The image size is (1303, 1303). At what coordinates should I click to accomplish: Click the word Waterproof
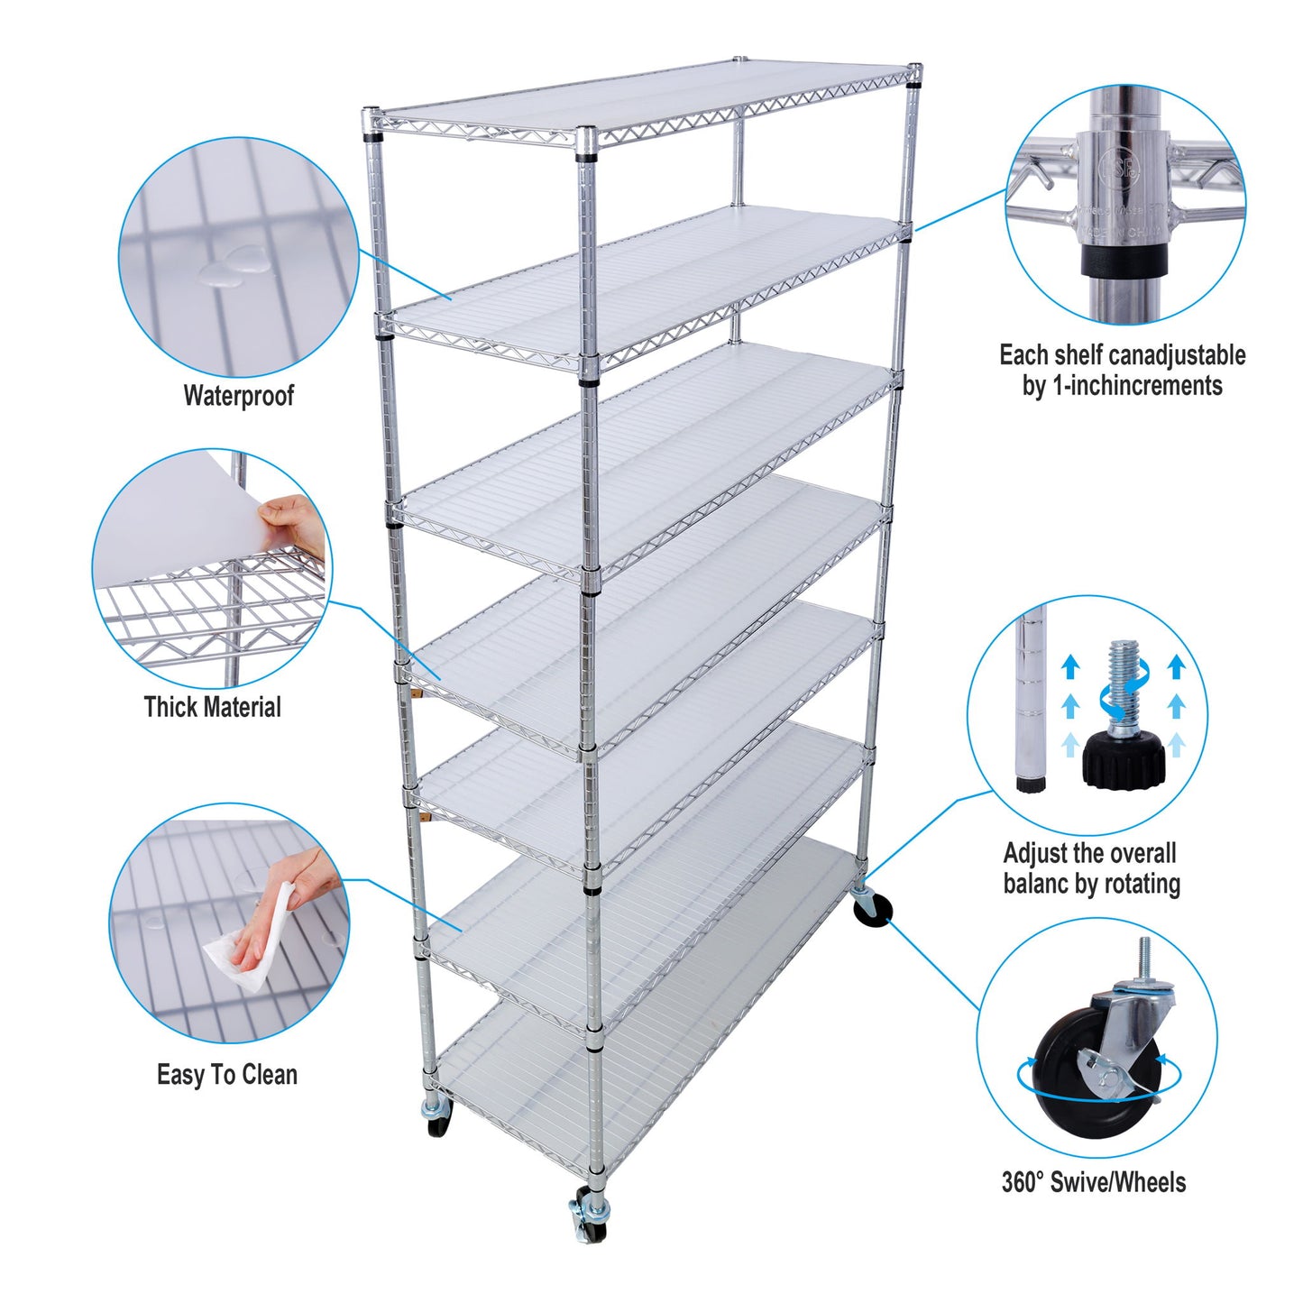click(238, 396)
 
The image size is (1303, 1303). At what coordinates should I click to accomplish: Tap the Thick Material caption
click(212, 707)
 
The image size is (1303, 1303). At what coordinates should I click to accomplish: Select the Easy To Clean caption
click(226, 1075)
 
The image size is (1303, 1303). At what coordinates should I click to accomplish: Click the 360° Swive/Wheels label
click(1093, 1182)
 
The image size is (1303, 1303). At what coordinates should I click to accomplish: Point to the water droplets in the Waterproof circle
click(234, 267)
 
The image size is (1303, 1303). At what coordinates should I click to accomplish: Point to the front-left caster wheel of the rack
click(437, 1118)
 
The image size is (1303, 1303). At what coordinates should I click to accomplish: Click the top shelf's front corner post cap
click(586, 137)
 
